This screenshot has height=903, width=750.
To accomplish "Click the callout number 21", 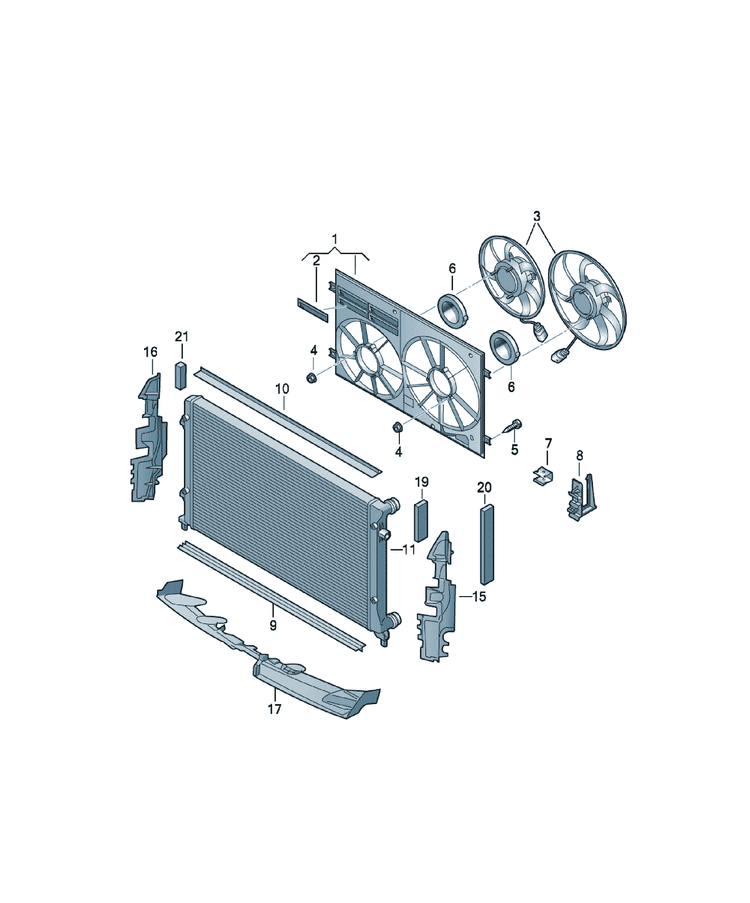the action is pos(182,336).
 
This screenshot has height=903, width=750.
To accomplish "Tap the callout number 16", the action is pos(150,352).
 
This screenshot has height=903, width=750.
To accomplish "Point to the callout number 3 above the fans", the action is pos(536,216).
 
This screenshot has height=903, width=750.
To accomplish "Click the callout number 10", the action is pos(282,389).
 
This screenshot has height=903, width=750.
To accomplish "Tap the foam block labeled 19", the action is pos(421,521).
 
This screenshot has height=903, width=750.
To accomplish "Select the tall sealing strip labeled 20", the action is pos(486,544).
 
